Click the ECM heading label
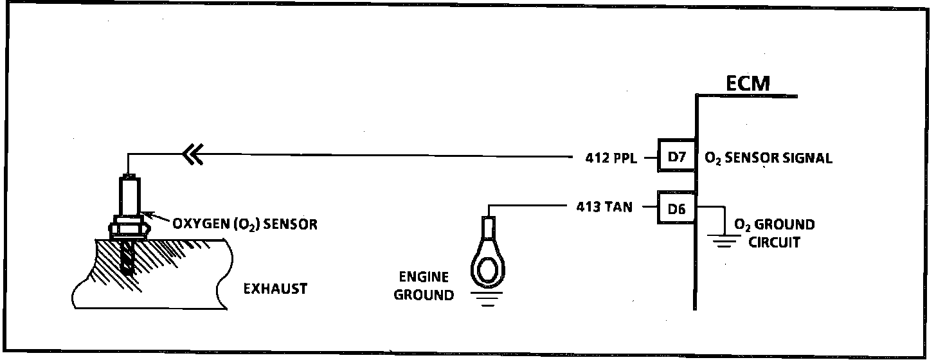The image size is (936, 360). (747, 83)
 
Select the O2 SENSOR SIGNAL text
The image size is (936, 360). (768, 157)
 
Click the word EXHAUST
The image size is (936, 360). (275, 289)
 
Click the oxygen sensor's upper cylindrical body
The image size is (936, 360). (130, 196)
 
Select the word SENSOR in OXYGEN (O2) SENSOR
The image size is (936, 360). (292, 224)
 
